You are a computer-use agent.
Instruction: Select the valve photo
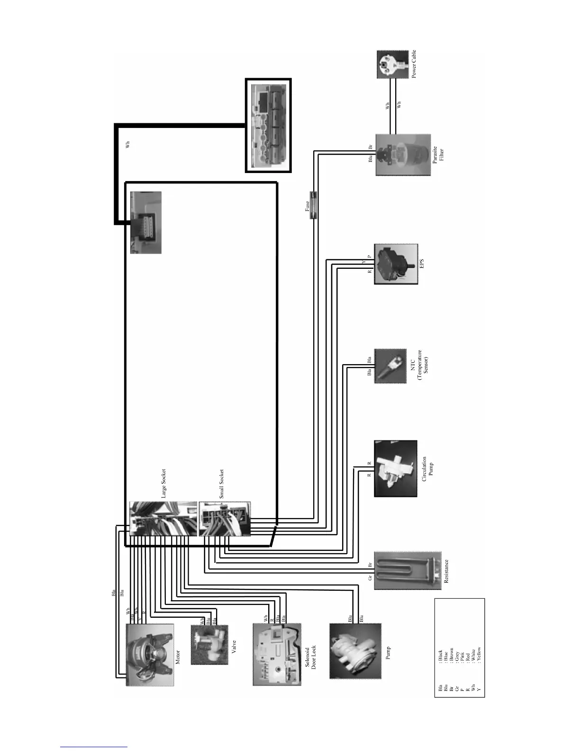pyautogui.click(x=209, y=645)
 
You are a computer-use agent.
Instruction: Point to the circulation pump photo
pyautogui.click(x=395, y=468)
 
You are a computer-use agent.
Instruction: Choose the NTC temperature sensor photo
pyautogui.click(x=390, y=366)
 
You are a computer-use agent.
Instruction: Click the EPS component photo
pyautogui.click(x=396, y=264)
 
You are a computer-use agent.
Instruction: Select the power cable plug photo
pyautogui.click(x=392, y=64)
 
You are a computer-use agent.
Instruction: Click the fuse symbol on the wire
pyautogui.click(x=313, y=205)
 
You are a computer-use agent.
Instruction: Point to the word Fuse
pyautogui.click(x=307, y=206)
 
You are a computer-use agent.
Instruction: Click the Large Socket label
pyautogui.click(x=164, y=484)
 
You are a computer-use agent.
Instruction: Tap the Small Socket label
pyautogui.click(x=221, y=484)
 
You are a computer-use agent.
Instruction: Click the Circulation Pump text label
pyautogui.click(x=427, y=467)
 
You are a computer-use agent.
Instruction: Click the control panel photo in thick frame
pyautogui.click(x=268, y=126)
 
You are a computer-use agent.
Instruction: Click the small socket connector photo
pyautogui.click(x=224, y=519)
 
